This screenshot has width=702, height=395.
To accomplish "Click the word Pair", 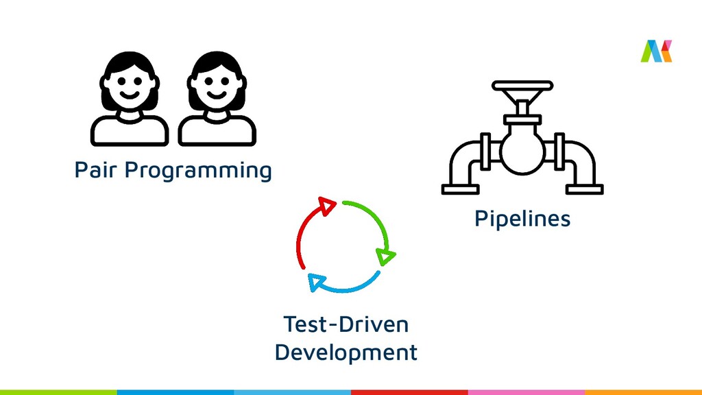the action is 96,169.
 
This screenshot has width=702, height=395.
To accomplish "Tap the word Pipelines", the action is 522,219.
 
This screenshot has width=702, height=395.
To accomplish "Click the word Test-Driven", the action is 346,324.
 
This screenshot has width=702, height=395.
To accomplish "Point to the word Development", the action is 346,352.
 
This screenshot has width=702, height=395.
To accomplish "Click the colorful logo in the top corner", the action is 656,51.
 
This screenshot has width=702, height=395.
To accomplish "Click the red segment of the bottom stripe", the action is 409,392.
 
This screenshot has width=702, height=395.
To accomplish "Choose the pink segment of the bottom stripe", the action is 526,392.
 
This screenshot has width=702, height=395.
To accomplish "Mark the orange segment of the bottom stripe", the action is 643,392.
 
